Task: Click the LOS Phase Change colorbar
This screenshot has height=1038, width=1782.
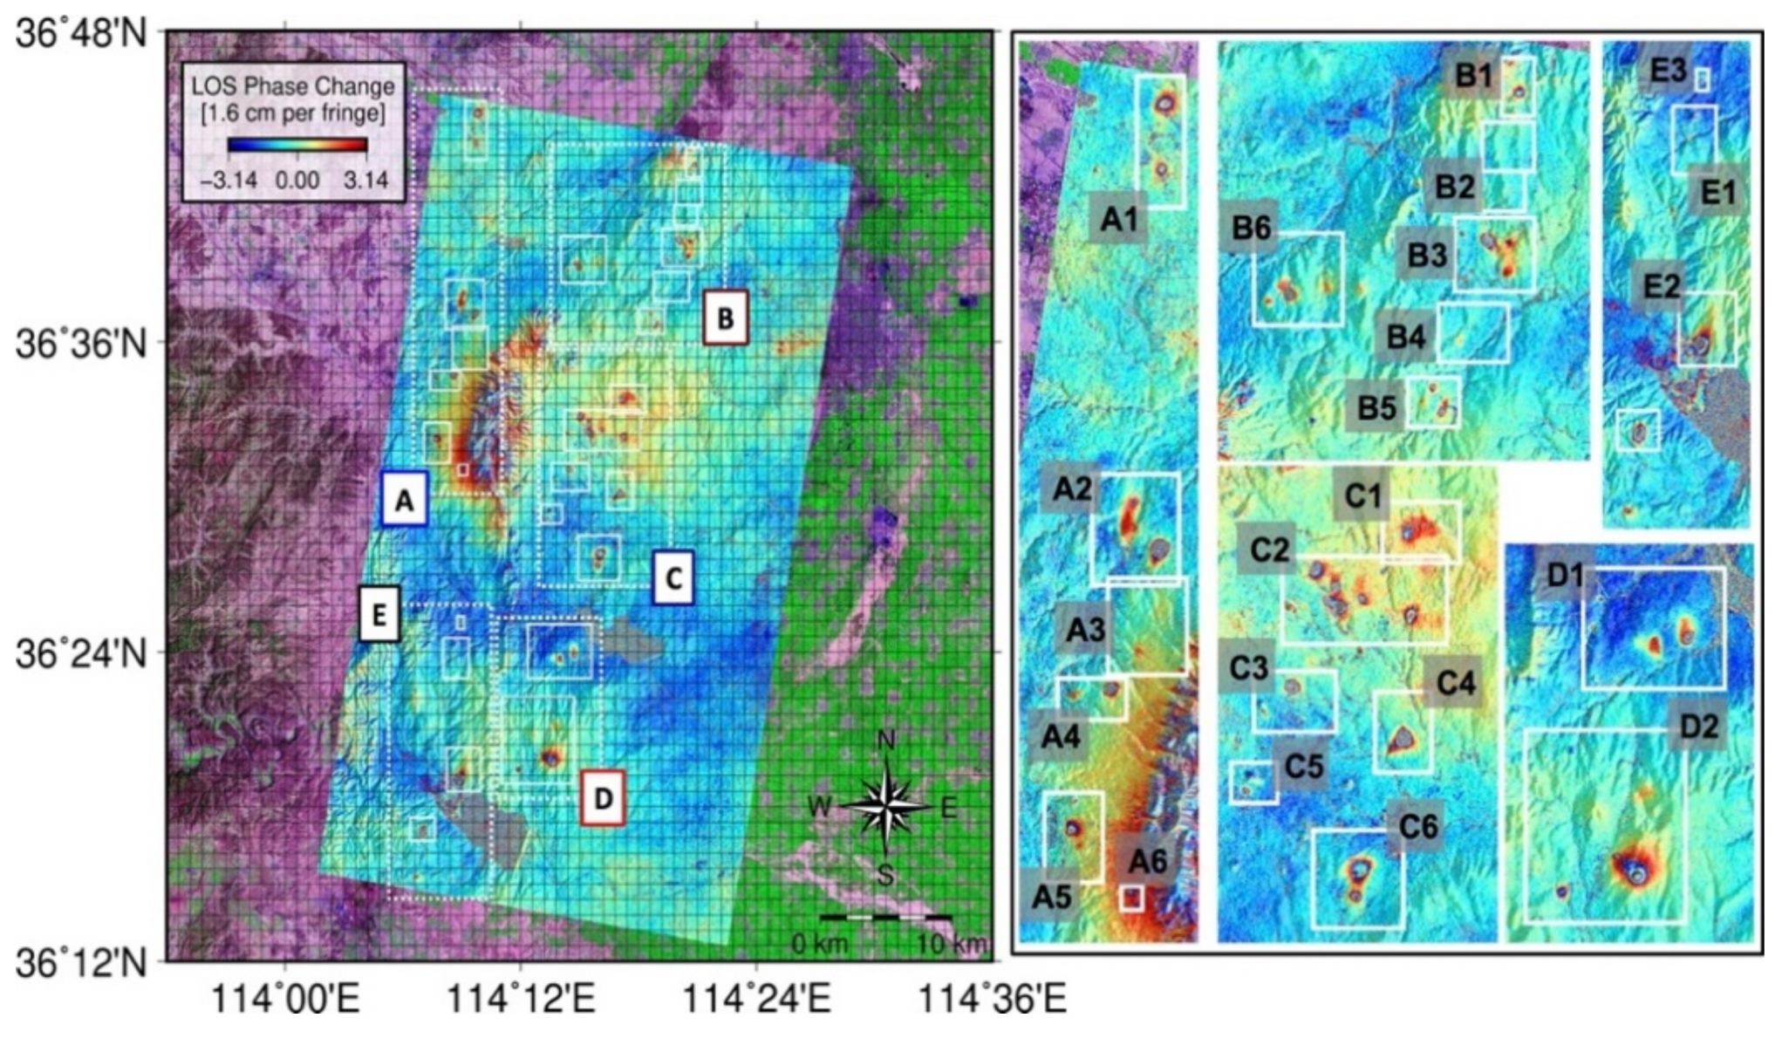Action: point(297,145)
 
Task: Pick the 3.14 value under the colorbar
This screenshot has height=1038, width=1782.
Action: point(365,180)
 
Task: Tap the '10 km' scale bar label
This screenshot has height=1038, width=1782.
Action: point(951,943)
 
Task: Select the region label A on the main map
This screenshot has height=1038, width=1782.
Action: point(404,499)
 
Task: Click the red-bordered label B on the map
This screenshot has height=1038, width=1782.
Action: point(726,318)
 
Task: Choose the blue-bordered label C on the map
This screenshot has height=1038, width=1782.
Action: point(673,577)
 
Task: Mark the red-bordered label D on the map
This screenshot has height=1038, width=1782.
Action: point(603,797)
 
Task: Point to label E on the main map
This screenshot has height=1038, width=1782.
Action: point(379,614)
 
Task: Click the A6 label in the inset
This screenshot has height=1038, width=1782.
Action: point(1147,862)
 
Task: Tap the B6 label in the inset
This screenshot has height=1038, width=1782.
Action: point(1251,229)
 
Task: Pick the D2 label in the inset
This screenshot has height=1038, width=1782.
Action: point(1697,726)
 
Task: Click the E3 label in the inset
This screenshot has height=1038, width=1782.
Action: point(1667,70)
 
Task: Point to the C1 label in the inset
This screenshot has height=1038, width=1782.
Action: point(1362,495)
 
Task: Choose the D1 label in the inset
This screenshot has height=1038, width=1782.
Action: point(1565,576)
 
